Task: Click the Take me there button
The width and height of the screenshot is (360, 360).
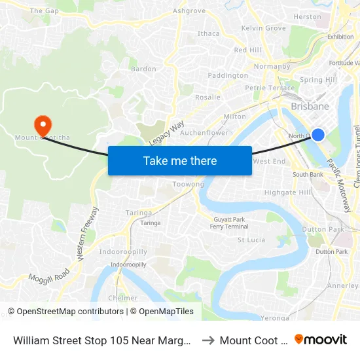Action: (180, 160)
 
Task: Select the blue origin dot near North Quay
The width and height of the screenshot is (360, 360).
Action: (317, 135)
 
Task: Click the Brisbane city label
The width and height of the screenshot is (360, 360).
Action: (310, 106)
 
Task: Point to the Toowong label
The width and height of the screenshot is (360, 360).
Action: (188, 185)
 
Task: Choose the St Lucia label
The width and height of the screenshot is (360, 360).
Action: (251, 240)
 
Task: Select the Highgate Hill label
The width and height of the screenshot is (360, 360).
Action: (287, 192)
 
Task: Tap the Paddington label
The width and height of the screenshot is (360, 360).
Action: (228, 76)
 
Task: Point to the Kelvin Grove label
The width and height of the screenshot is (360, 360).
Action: (264, 28)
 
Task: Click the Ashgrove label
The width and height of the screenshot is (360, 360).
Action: (189, 11)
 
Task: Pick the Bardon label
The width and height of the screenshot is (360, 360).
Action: (143, 69)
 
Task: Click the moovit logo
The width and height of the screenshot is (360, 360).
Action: (321, 339)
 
